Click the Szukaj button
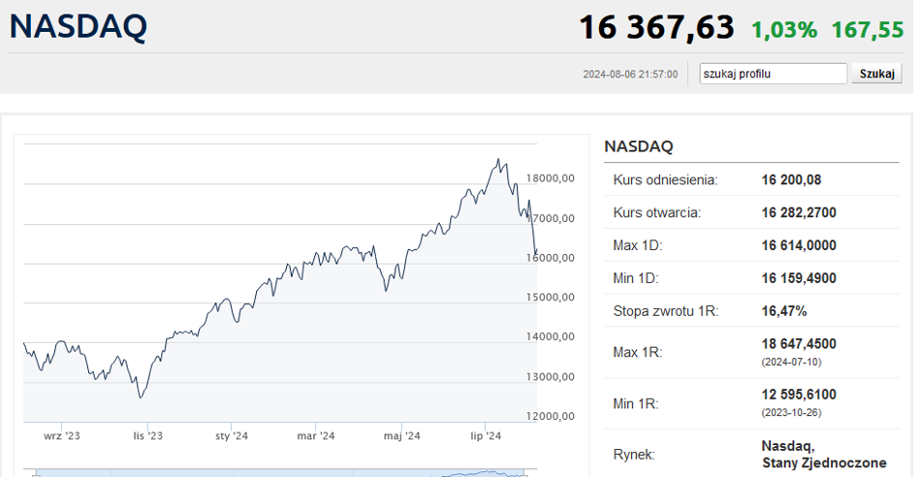pos(876,74)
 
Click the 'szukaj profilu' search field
pos(773,74)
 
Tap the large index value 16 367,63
pos(656,27)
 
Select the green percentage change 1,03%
pos(784,30)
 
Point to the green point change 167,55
pos(868,30)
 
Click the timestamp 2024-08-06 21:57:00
pos(630,75)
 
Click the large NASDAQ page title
pos(78,26)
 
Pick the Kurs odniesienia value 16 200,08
pos(791,180)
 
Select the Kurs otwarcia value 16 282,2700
pos(799,212)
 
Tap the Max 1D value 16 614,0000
pos(799,245)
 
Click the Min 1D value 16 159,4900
pos(799,278)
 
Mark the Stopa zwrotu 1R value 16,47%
pos(784,311)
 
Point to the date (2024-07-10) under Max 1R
pos(791,363)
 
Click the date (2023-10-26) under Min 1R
pos(791,413)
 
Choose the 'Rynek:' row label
pos(634,455)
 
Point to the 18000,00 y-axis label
pos(551,178)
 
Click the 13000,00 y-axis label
pos(551,377)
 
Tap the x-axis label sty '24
pos(232,436)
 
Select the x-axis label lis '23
pos(147,436)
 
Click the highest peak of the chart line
pos(498,159)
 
